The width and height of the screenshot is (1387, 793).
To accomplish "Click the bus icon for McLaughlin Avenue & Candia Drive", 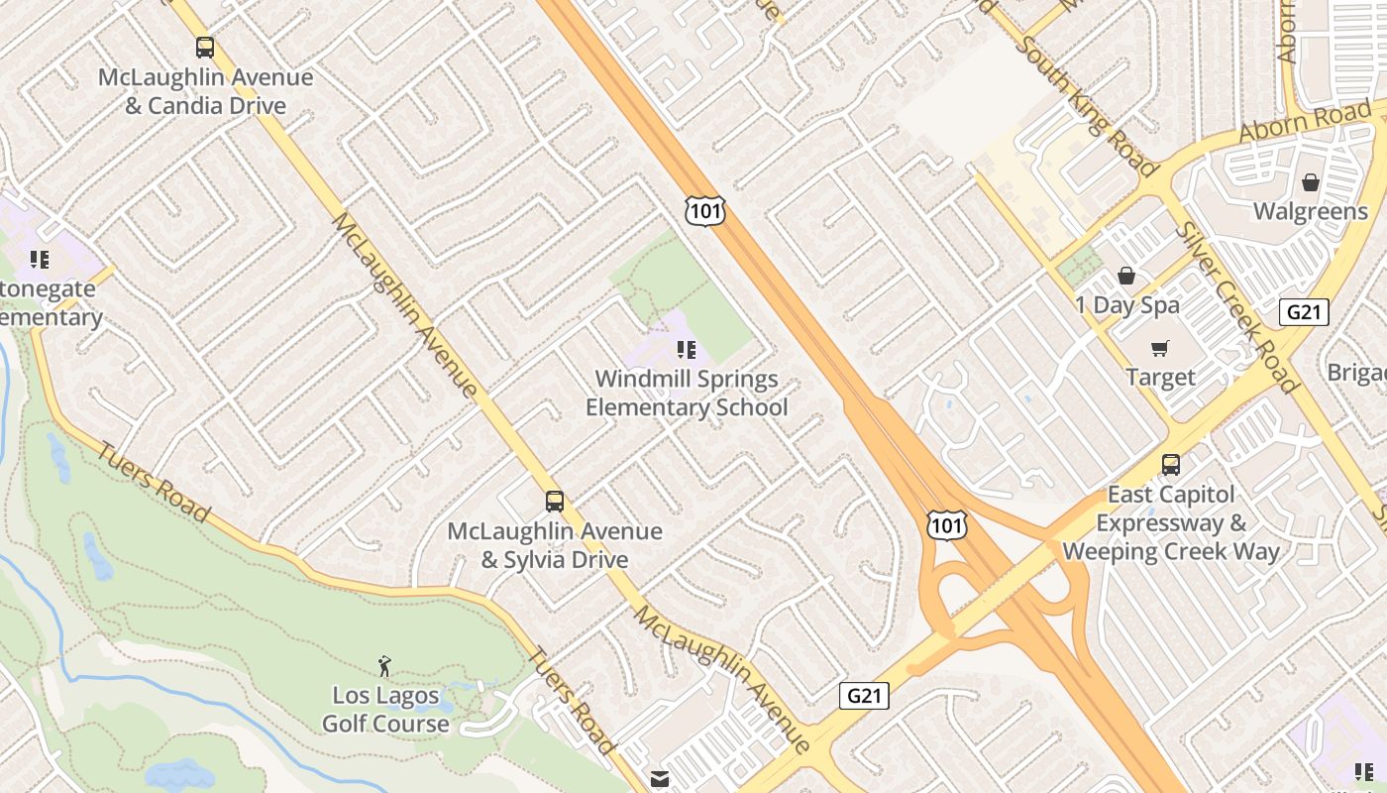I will tap(205, 47).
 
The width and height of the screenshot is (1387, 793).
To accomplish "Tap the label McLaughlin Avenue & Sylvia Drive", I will tap(555, 545).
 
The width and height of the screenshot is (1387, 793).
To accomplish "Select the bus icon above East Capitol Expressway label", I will tap(1171, 464).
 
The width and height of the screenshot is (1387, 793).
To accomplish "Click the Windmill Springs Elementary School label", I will tap(687, 394).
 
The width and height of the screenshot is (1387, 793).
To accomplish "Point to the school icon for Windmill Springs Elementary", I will tap(686, 349).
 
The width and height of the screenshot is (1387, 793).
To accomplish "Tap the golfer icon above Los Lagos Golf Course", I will tap(385, 666).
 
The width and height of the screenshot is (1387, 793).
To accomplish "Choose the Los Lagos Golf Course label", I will tap(385, 710).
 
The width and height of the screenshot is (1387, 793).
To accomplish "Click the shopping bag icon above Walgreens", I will tap(1311, 182).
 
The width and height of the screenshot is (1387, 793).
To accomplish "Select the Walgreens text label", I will tap(1311, 211).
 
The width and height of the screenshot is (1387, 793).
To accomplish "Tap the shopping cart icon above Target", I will tap(1160, 348).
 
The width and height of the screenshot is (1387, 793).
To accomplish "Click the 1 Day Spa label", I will tap(1127, 305).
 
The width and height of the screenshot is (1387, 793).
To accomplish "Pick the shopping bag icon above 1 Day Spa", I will tap(1126, 275).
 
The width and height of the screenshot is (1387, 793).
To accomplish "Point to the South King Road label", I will tap(1086, 107).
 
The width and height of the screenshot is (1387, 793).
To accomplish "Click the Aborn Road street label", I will tap(1305, 122).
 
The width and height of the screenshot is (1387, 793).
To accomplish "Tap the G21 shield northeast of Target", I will tap(1305, 312).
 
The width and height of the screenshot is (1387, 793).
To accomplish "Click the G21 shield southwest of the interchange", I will tap(864, 696).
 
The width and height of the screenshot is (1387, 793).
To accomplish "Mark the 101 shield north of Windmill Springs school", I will tap(704, 210).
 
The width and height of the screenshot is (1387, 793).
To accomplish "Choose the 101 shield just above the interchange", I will tap(947, 525).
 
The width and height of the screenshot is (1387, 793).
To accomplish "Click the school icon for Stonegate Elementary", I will tap(40, 260).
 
